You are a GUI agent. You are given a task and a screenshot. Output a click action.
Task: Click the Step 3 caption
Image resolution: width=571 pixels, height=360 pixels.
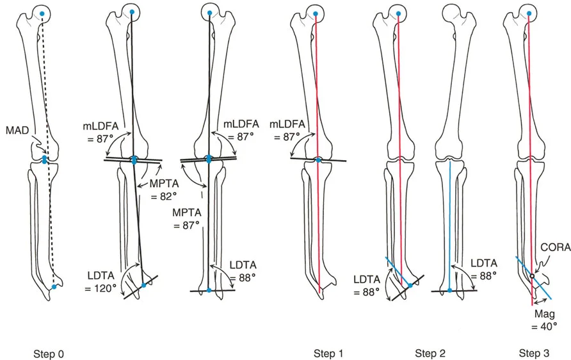(534, 353)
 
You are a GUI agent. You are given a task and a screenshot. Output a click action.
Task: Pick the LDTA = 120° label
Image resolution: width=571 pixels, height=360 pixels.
(102, 282)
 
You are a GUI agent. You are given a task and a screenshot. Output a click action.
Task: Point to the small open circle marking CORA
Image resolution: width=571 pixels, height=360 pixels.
(531, 277)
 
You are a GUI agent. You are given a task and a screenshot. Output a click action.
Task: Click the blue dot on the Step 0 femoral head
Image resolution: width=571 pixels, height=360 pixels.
(42, 13)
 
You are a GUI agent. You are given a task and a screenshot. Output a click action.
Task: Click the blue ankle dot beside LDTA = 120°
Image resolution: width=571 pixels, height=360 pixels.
(143, 285)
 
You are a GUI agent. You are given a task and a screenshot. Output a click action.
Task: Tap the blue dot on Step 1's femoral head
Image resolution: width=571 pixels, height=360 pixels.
(315, 12)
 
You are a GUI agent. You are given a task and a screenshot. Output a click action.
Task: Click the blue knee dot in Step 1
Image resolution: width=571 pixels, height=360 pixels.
(319, 160)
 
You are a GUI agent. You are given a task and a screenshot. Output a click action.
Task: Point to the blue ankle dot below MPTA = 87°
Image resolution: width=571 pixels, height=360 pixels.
(209, 291)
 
